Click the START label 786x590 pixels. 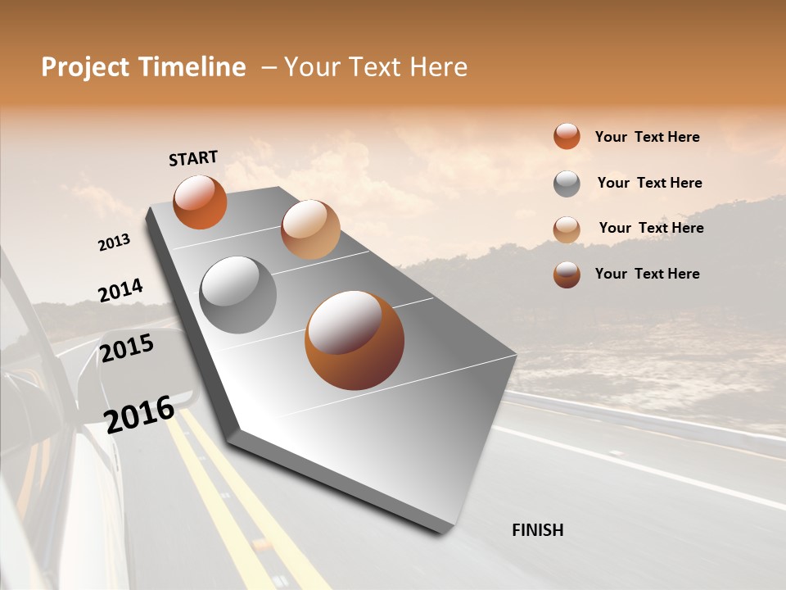point(193,157)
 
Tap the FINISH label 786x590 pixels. point(537,530)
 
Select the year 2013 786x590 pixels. point(114,242)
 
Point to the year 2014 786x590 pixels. point(120,291)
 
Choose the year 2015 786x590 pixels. point(127,348)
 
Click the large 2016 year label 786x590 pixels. point(139,413)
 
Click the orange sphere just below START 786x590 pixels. point(200,202)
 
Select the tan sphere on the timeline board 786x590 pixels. point(310,229)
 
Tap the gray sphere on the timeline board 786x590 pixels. point(237,294)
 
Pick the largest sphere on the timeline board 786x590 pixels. point(355,340)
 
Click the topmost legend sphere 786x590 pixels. point(567,136)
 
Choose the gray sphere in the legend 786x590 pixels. point(567,184)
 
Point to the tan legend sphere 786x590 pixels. point(567,229)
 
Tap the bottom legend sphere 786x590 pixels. point(567,275)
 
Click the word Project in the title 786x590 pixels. point(84,67)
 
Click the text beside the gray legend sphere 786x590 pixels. point(649,183)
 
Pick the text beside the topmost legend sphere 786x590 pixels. point(647,137)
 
